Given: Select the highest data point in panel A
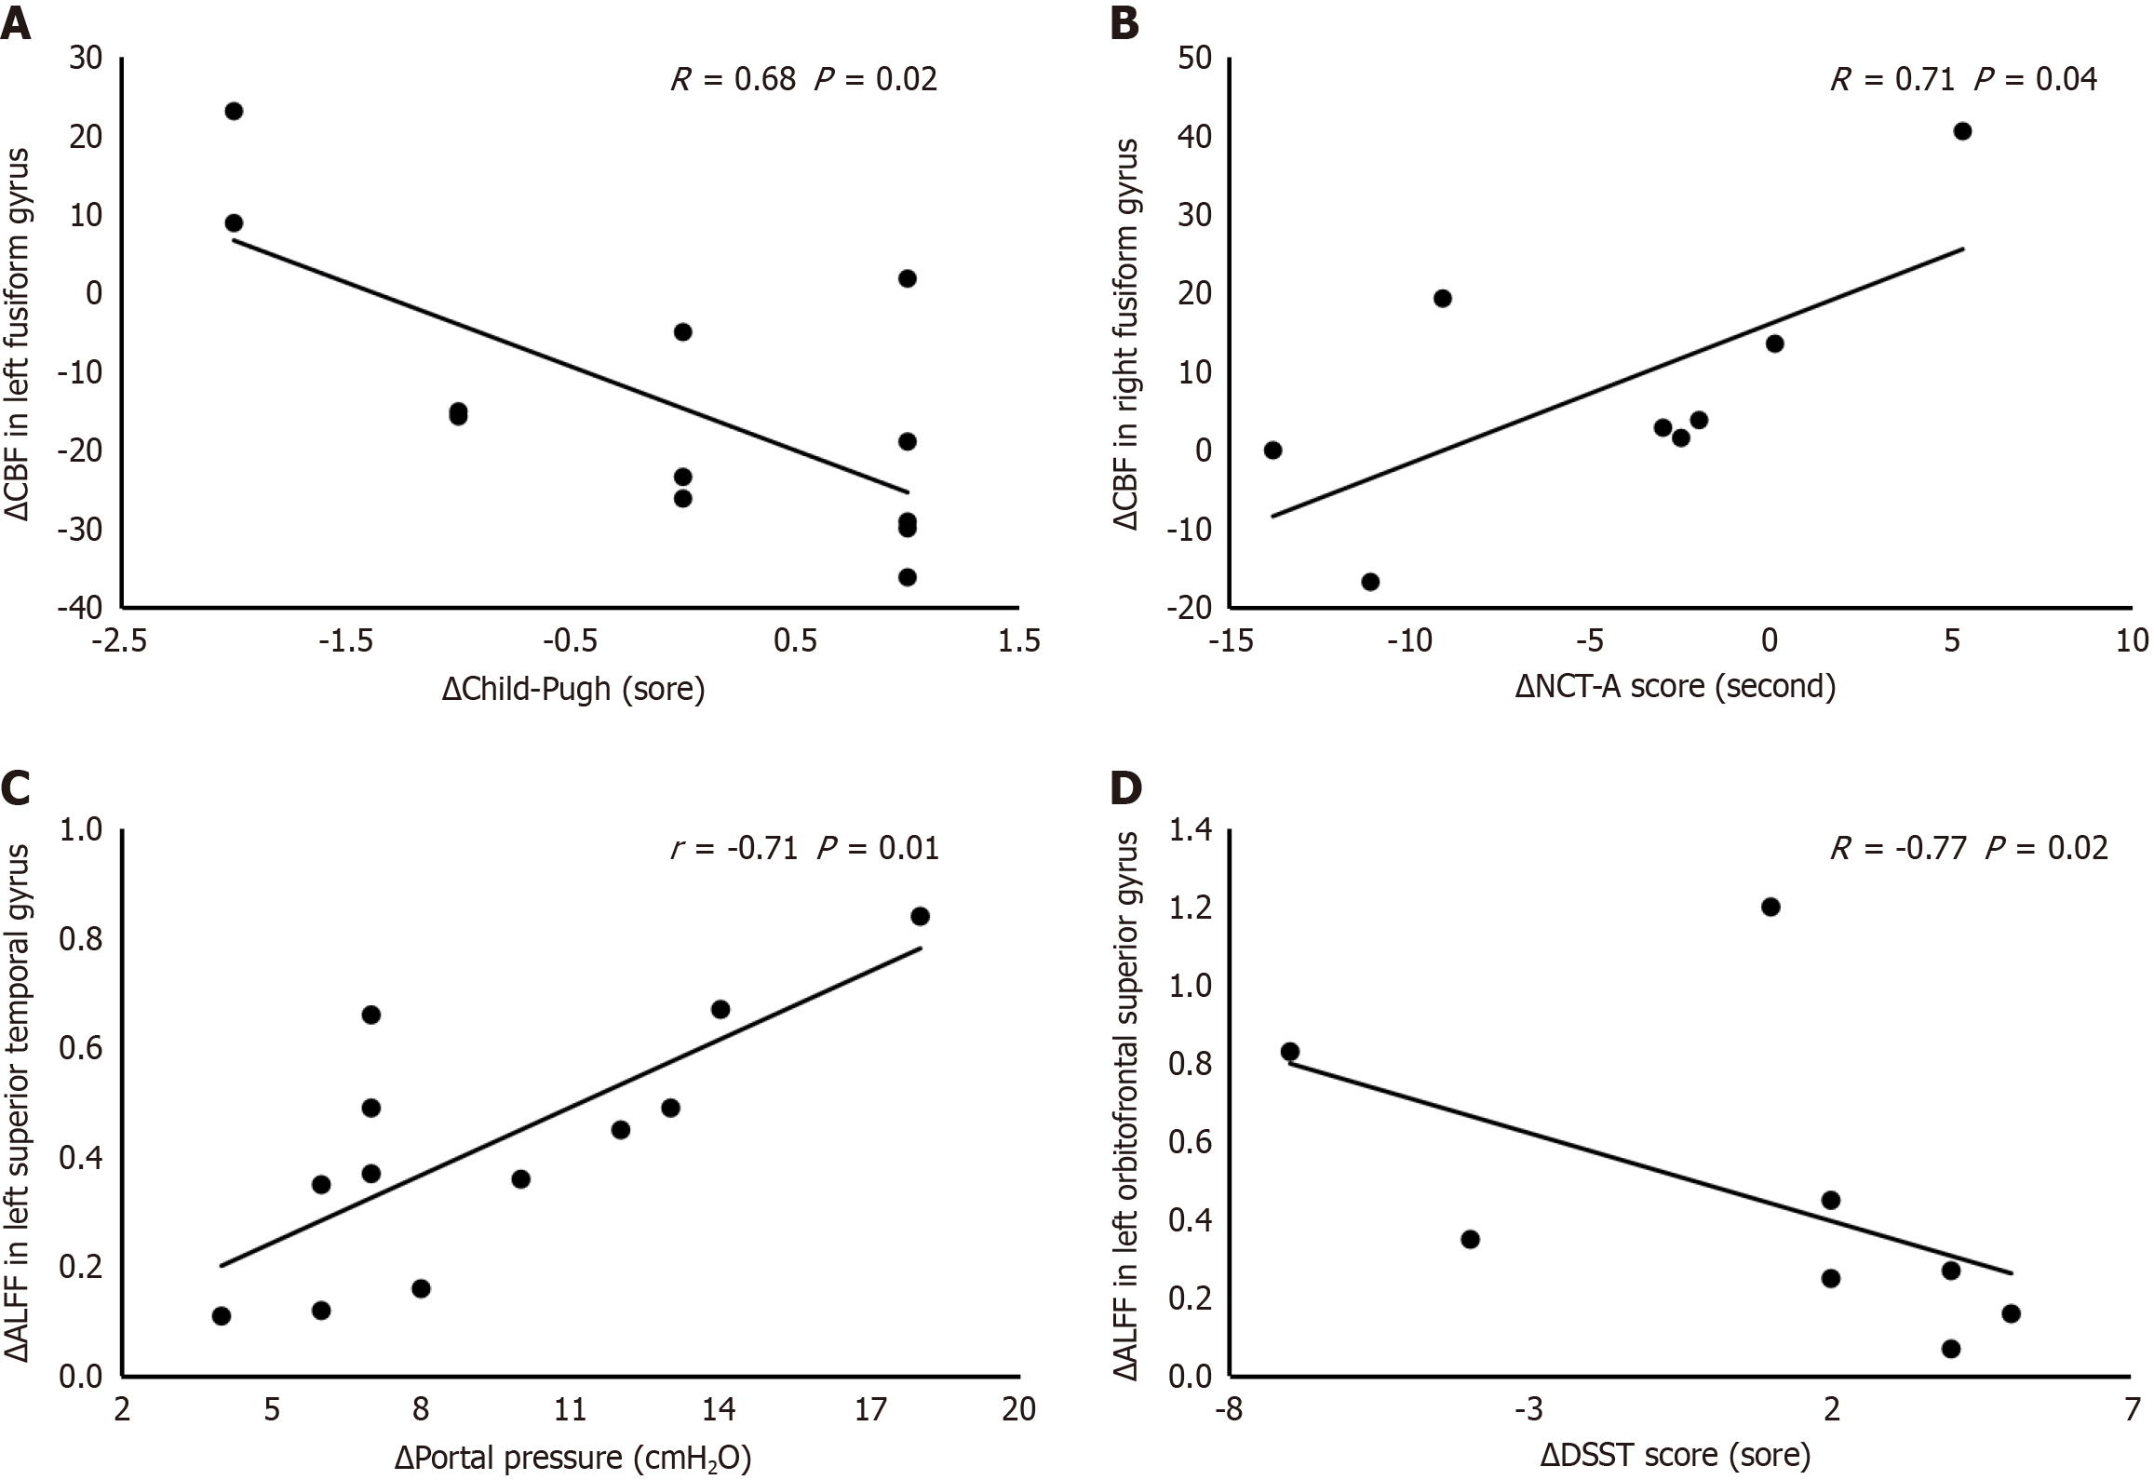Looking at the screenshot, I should (234, 111).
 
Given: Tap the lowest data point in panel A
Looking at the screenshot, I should (907, 577).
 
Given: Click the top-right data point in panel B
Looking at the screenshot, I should (1962, 131).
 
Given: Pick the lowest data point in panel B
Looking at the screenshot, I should (1369, 582).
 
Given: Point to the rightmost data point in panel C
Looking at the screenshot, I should (920, 916).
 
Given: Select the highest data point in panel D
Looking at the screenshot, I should (1770, 907).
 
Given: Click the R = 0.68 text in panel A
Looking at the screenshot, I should (733, 80).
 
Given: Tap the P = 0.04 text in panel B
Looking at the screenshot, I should (2035, 80).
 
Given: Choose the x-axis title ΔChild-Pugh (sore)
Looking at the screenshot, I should (573, 690).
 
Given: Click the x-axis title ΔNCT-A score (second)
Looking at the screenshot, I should (1676, 687).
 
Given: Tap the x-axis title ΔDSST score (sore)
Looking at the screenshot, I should (1675, 1455).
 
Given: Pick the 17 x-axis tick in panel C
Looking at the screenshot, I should (869, 1410).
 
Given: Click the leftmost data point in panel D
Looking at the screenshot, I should (1289, 1051).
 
